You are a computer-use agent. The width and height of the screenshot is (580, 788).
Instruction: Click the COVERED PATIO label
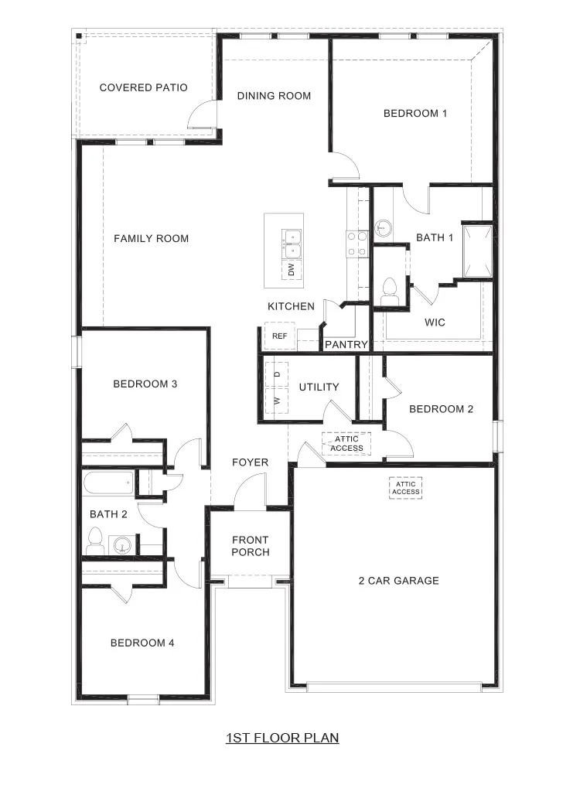[x=143, y=87]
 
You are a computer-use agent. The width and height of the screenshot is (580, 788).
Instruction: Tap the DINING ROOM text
[x=274, y=96]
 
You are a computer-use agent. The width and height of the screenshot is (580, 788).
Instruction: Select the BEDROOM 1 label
[x=415, y=114]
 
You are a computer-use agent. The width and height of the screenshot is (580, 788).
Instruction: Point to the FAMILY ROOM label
[x=151, y=238]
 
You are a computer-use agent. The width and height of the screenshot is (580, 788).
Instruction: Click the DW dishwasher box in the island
[x=292, y=269]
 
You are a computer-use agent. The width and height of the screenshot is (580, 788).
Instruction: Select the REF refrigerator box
[x=279, y=336]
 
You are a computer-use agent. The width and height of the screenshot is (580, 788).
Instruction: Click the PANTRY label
[x=346, y=344]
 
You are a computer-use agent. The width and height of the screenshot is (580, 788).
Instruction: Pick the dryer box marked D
[x=277, y=374]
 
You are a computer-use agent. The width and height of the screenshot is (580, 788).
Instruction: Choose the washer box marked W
[x=277, y=401]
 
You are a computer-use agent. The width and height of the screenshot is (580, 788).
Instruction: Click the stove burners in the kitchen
[x=356, y=244]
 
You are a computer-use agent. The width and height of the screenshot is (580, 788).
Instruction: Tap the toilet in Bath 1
[x=388, y=288]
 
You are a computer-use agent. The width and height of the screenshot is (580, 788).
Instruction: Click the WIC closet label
[x=435, y=322]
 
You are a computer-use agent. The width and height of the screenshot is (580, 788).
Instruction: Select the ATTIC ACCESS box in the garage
[x=405, y=488]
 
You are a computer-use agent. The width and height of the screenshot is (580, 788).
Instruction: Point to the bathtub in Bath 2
[x=107, y=485]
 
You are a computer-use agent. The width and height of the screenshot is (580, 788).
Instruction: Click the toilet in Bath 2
[x=96, y=539]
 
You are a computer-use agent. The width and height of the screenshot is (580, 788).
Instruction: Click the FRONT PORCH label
[x=251, y=546]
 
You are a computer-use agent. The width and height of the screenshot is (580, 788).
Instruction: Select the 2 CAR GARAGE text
[x=398, y=581]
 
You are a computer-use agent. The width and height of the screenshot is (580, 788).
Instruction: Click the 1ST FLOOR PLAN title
[x=282, y=738]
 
